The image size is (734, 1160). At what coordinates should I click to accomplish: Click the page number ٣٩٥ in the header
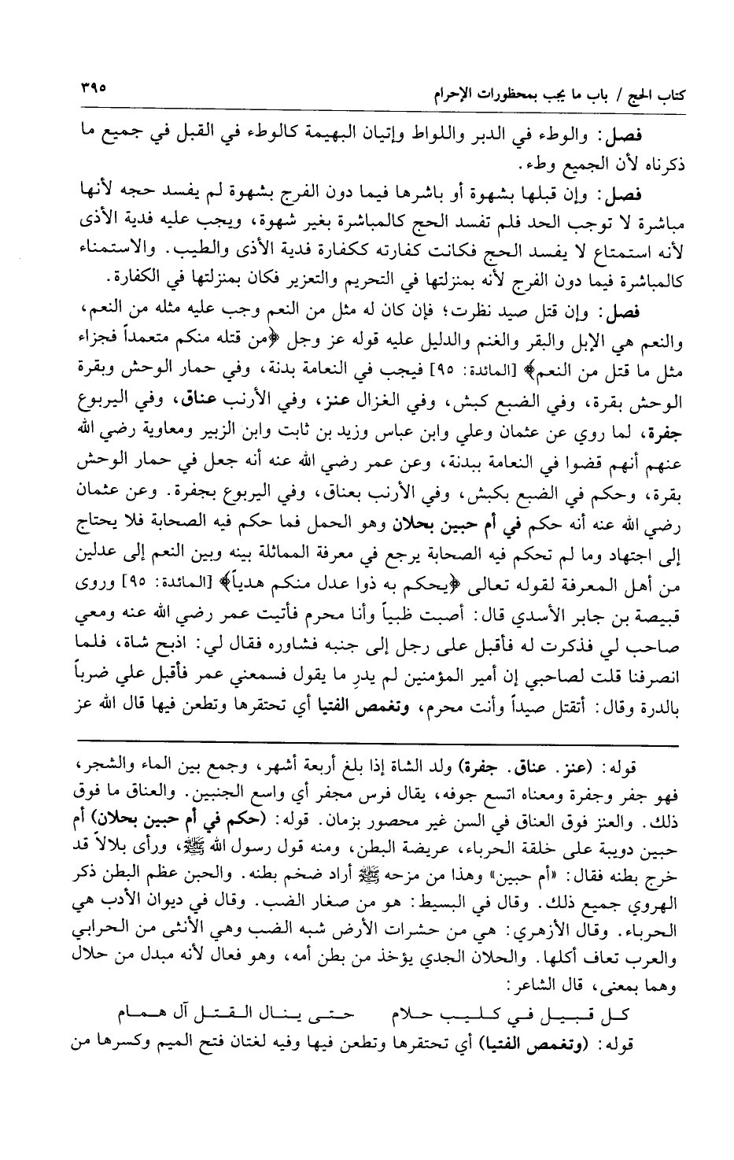click(x=92, y=81)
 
